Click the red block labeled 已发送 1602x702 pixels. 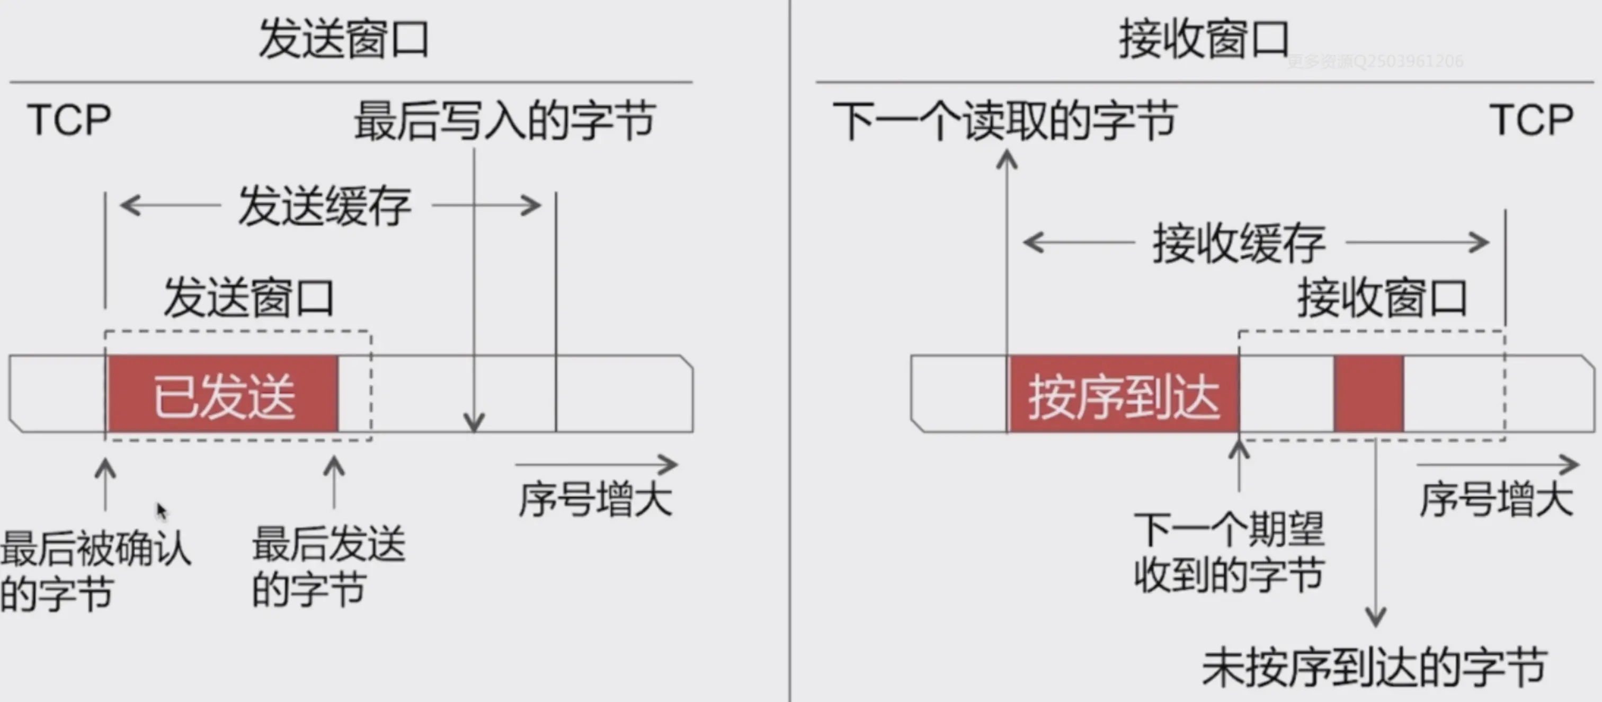pos(223,394)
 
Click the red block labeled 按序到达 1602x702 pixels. pos(1123,394)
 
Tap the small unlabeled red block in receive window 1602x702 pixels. pos(1369,394)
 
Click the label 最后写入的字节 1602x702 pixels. pos(504,121)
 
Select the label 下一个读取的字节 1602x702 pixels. pos(1004,121)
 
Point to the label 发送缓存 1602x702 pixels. pos(325,206)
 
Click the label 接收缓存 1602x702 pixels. pos(1239,243)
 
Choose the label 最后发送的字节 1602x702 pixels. pos(328,566)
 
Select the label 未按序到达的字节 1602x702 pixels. pos(1374,668)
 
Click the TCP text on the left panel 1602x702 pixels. pos(69,120)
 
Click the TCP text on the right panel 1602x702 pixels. pos(1531,120)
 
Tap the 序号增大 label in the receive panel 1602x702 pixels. pos(1496,499)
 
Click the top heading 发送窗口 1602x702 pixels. pos(343,39)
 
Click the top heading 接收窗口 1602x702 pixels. pos(1204,39)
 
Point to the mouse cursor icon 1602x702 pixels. pos(161,511)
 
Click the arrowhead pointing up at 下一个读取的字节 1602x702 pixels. pos(1007,160)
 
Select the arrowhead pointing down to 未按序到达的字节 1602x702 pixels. pos(1375,619)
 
